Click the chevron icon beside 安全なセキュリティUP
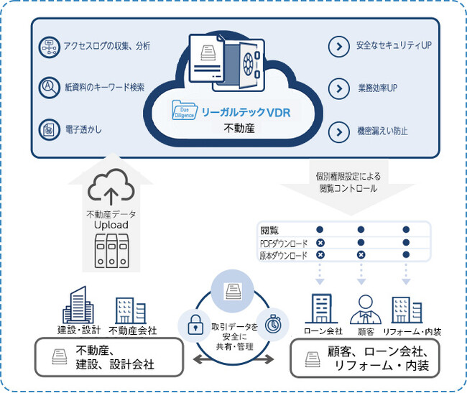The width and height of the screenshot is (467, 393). [337, 47]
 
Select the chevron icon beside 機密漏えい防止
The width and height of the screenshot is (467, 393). [337, 131]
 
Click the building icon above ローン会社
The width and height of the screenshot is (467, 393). [320, 309]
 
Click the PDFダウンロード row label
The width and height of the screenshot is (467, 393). [284, 243]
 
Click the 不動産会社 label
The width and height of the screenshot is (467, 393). [132, 331]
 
